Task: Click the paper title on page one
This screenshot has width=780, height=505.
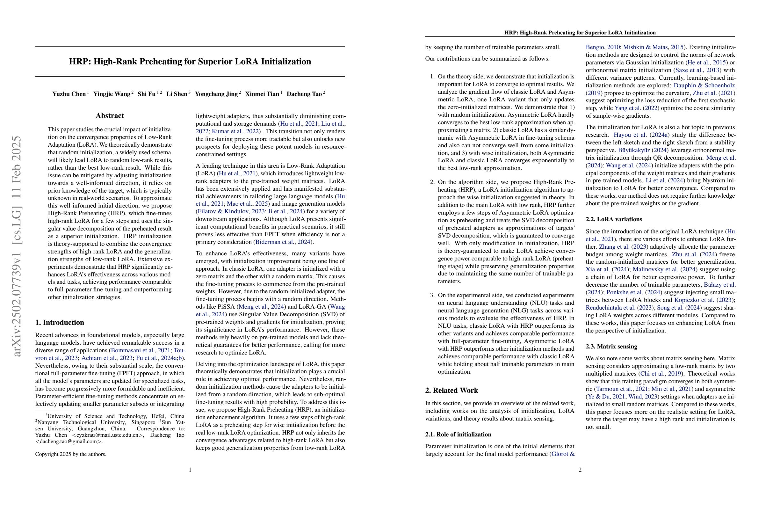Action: pyautogui.click(x=190, y=62)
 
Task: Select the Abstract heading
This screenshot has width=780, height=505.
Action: pyautogui.click(x=110, y=116)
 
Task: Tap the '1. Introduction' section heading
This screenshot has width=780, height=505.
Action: pyautogui.click(x=60, y=322)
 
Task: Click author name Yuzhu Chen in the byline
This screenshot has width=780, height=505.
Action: pyautogui.click(x=69, y=94)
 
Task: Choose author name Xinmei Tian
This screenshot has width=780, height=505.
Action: pyautogui.click(x=262, y=94)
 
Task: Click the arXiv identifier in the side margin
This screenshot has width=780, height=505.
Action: pyautogui.click(x=16, y=246)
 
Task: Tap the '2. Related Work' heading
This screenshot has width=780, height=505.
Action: pyautogui.click(x=451, y=390)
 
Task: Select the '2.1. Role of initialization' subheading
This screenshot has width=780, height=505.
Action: pyautogui.click(x=458, y=435)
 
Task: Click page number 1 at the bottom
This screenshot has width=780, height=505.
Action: pyautogui.click(x=190, y=470)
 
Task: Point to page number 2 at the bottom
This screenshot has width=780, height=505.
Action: pyautogui.click(x=580, y=470)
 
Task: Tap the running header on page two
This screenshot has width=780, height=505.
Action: pyautogui.click(x=580, y=33)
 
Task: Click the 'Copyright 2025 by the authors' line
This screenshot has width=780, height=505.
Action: pyautogui.click(x=71, y=454)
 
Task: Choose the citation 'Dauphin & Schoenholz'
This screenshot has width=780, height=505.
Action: pyautogui.click(x=704, y=85)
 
